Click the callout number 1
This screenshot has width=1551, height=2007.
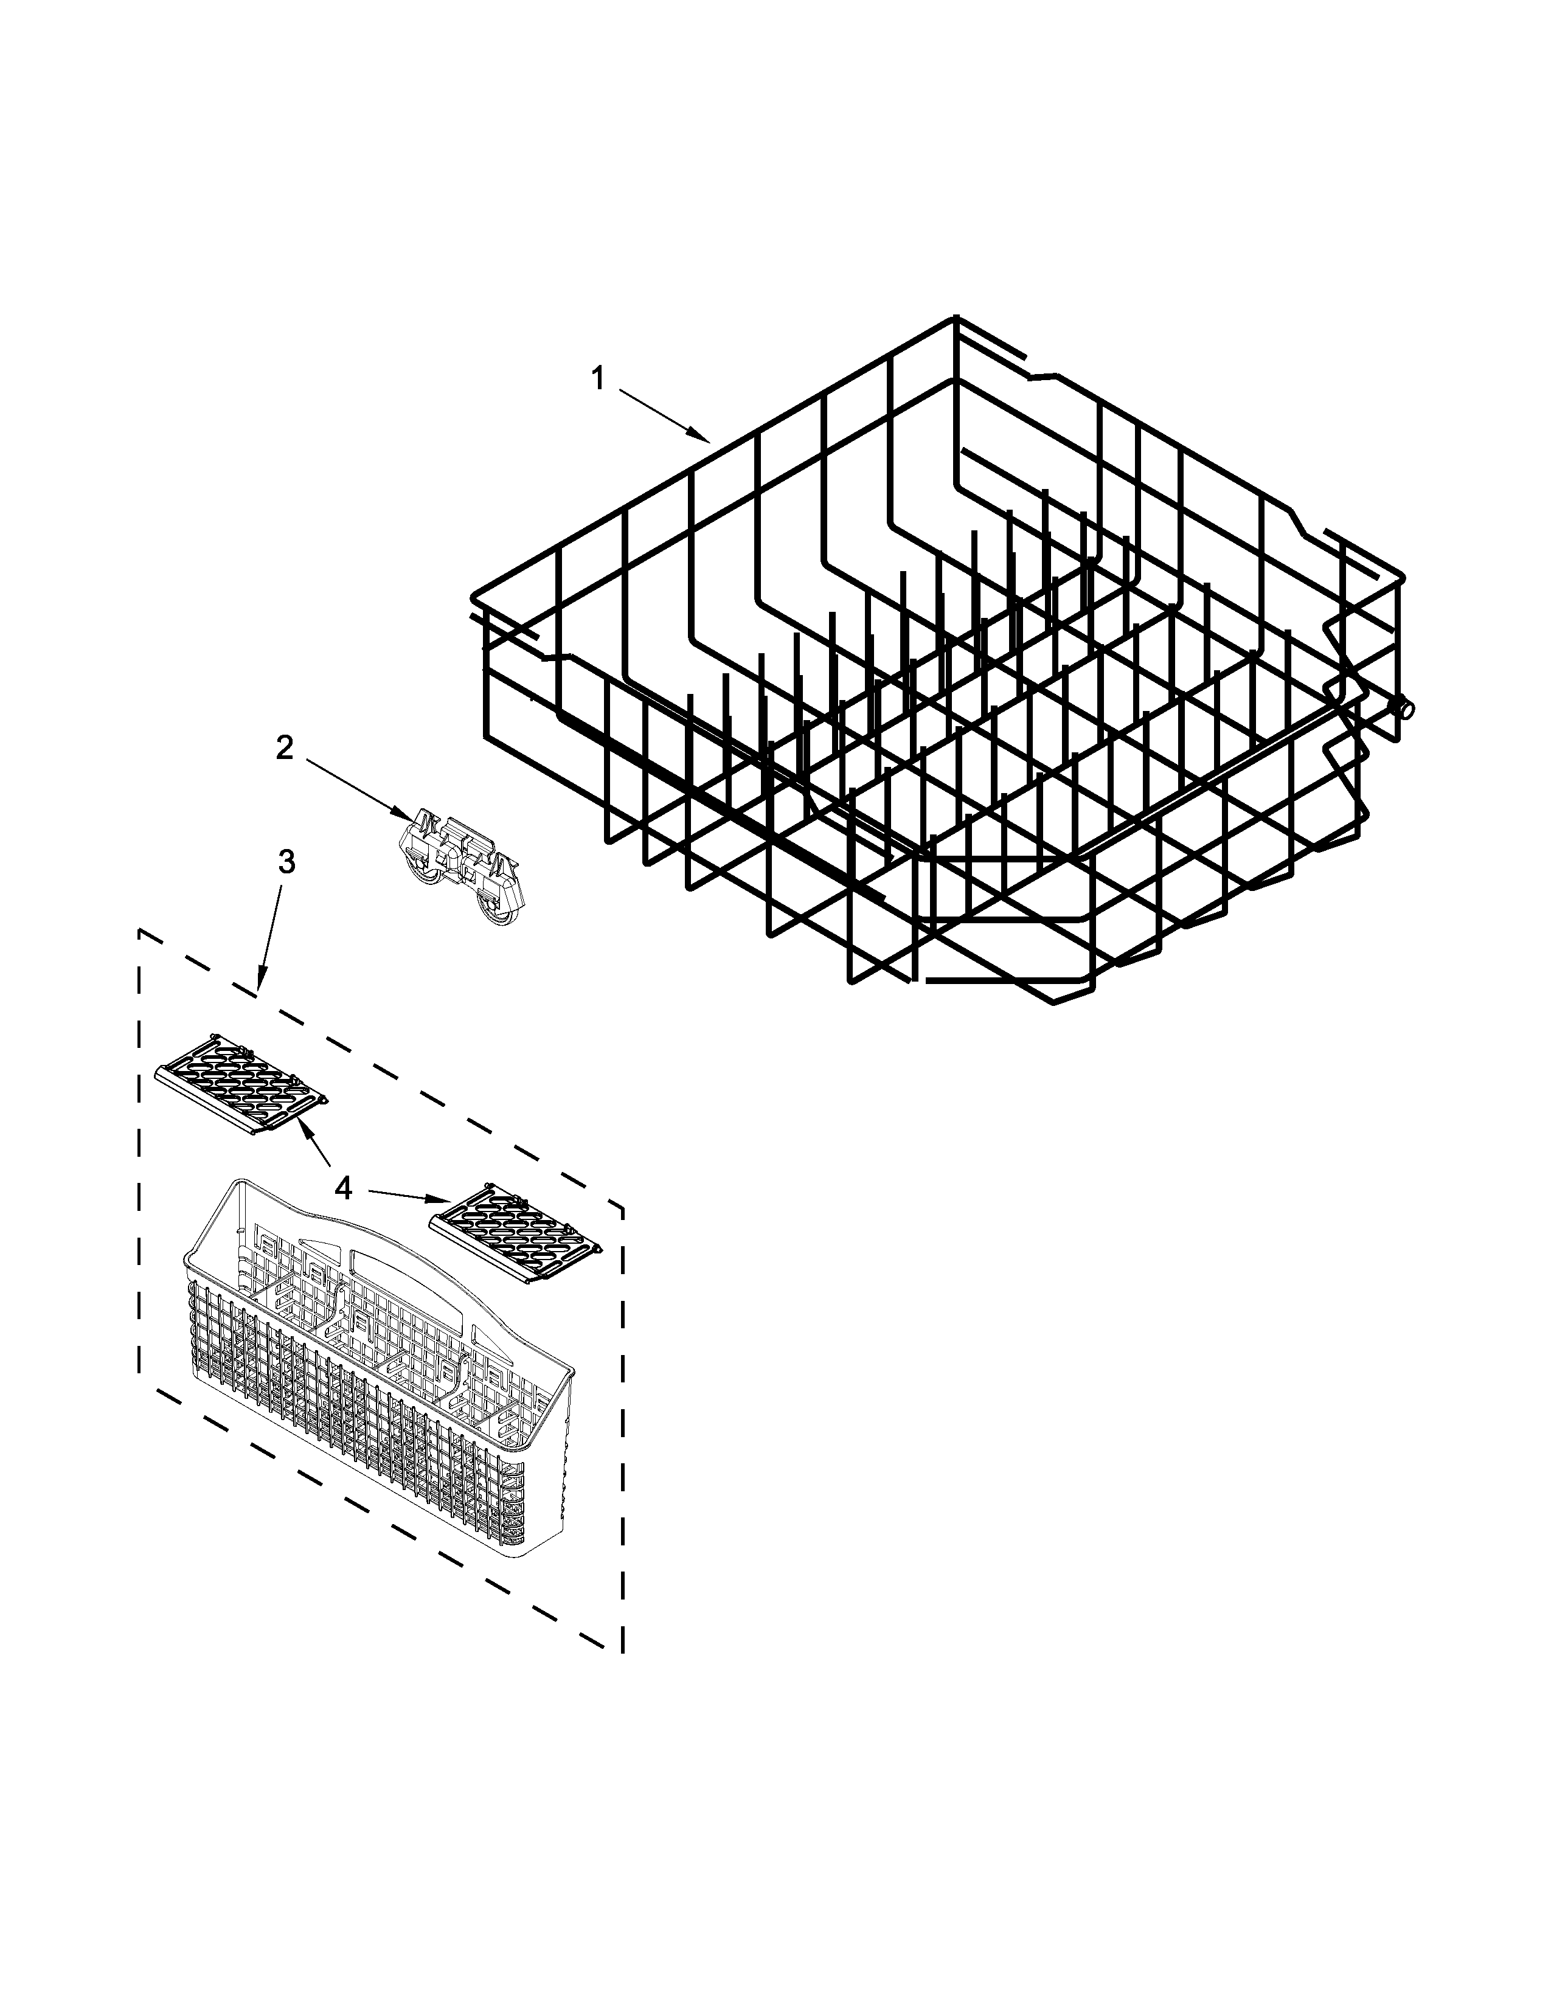click(x=598, y=379)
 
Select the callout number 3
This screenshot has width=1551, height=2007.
click(x=286, y=862)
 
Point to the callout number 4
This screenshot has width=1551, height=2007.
click(x=342, y=1189)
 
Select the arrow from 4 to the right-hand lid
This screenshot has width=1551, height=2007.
click(x=409, y=1196)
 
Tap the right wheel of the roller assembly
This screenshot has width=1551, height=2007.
click(x=498, y=913)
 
